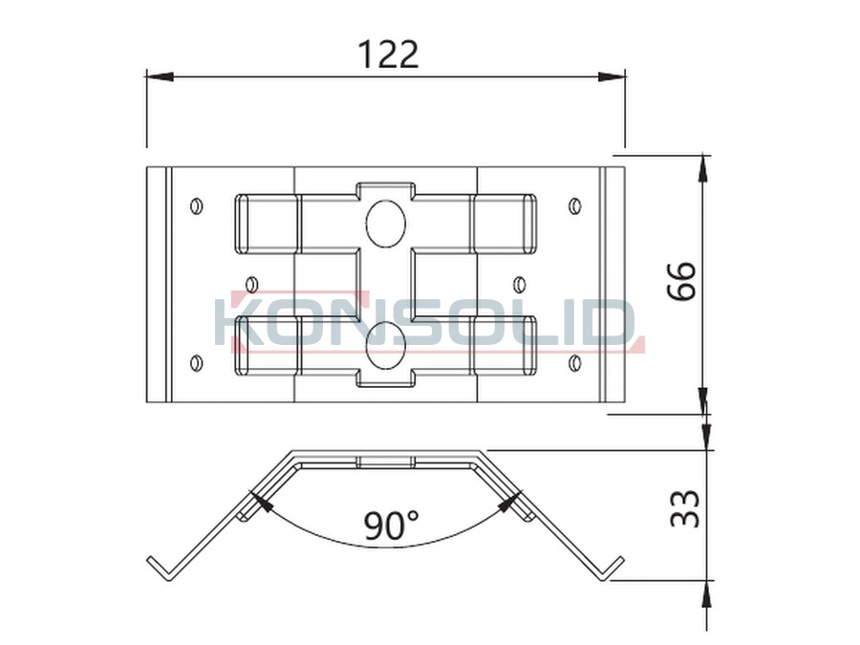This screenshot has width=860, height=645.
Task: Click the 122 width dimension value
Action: pyautogui.click(x=388, y=54)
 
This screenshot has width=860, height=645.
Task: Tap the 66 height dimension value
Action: pyautogui.click(x=681, y=280)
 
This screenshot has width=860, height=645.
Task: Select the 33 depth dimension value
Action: pyautogui.click(x=685, y=508)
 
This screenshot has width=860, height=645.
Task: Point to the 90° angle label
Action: pyautogui.click(x=391, y=525)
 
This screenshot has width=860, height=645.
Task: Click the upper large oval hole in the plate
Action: pyautogui.click(x=386, y=222)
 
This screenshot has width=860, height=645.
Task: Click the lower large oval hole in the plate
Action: pyautogui.click(x=386, y=344)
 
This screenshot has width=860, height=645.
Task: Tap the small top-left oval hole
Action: pyautogui.click(x=196, y=206)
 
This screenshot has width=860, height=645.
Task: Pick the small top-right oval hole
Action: pyautogui.click(x=575, y=206)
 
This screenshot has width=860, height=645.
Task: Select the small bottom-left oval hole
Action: pyautogui.click(x=196, y=362)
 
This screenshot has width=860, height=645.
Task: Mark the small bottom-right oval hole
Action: pyautogui.click(x=575, y=362)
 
